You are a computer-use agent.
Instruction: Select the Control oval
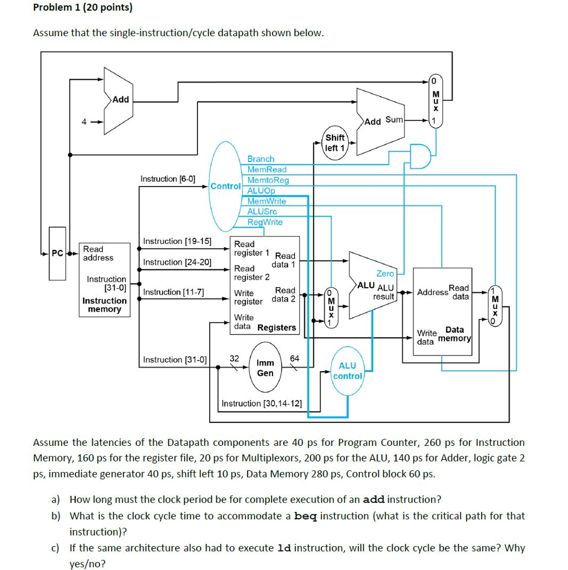point(225,186)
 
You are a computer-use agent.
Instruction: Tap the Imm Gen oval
point(265,367)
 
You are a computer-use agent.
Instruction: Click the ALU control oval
point(347,371)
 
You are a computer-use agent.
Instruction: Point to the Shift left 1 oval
point(335,143)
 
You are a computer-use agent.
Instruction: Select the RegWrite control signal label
point(265,222)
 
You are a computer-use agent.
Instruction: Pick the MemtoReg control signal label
point(268,180)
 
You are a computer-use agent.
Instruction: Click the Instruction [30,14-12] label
point(261,403)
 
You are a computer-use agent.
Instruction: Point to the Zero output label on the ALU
point(385,273)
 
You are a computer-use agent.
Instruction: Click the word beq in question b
point(305,516)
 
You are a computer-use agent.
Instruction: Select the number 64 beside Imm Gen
point(295,358)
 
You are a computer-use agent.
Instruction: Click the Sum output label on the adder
point(393,120)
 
